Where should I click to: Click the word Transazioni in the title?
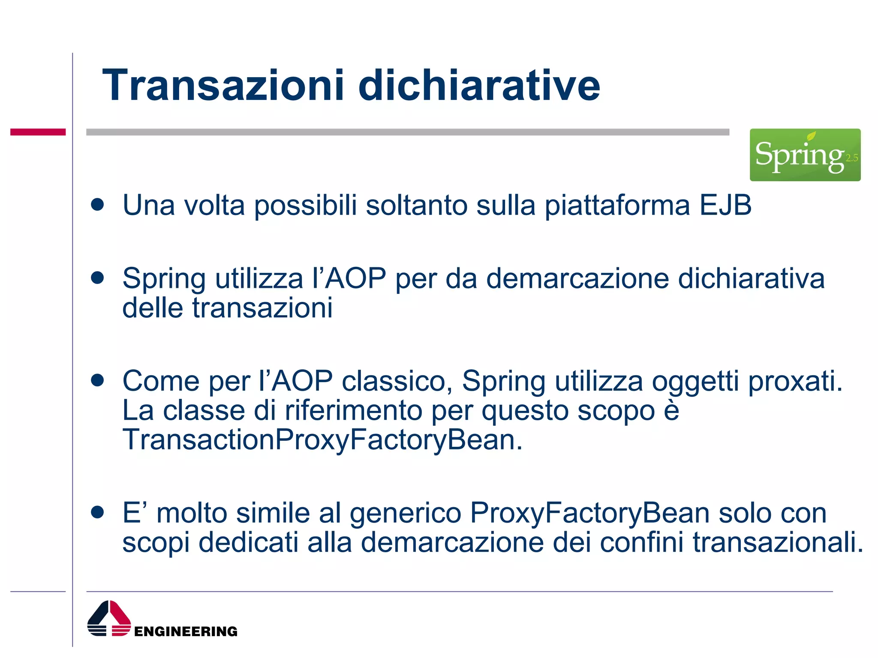tap(223, 85)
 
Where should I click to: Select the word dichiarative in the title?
tap(479, 85)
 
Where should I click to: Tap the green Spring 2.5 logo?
tap(805, 155)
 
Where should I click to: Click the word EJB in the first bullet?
tap(725, 205)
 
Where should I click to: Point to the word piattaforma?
tap(617, 206)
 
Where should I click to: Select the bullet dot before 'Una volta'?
tap(98, 204)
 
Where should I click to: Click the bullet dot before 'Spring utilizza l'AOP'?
tap(98, 278)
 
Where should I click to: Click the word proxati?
tap(795, 381)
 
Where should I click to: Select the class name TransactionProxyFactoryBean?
tap(322, 440)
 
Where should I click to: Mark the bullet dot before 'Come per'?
tap(98, 380)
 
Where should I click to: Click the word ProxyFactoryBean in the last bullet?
tap(589, 513)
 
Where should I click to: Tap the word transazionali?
tap(778, 542)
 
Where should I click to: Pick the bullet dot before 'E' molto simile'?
tap(98, 512)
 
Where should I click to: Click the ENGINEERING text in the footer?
tap(186, 631)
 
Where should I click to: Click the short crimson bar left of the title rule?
tap(38, 132)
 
